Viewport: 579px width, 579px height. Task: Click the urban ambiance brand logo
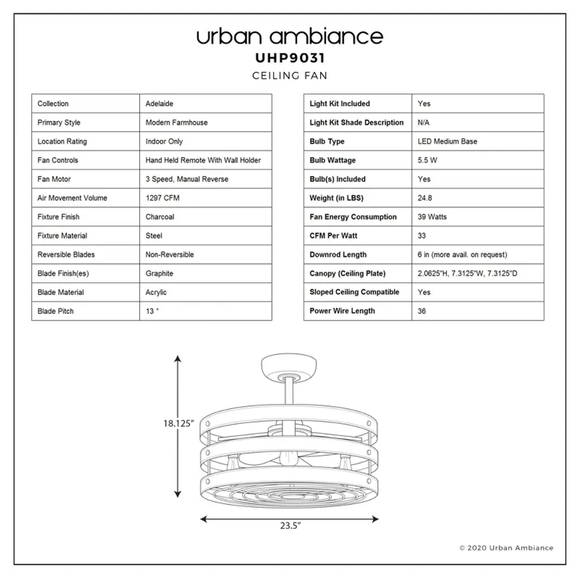[290, 37]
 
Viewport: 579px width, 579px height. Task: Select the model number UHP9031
[290, 58]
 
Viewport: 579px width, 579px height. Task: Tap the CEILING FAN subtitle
[290, 76]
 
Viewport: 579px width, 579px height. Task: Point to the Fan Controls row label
[58, 160]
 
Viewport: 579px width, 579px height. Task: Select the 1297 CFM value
[162, 198]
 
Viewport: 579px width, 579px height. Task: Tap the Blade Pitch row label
[55, 312]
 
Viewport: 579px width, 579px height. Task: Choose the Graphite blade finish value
[159, 274]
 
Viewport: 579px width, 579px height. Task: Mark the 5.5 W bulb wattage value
[427, 160]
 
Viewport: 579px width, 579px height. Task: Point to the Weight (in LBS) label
[336, 198]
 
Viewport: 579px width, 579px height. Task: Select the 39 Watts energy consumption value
[432, 217]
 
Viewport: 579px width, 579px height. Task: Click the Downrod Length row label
[338, 255]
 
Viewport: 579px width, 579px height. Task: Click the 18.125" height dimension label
[178, 424]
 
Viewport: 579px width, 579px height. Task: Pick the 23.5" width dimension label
[290, 525]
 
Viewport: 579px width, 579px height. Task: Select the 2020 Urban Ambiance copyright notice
[506, 548]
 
